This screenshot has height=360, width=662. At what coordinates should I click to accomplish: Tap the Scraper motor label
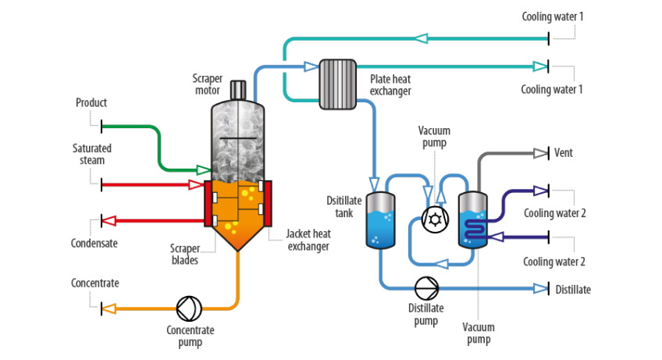[208, 84]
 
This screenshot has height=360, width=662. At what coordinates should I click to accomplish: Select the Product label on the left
[91, 102]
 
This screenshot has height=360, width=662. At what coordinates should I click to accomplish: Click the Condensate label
[94, 243]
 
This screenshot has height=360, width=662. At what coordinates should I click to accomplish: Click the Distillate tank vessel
[380, 221]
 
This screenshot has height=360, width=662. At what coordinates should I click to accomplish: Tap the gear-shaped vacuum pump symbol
[434, 220]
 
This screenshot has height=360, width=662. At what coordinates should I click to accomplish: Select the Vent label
[563, 153]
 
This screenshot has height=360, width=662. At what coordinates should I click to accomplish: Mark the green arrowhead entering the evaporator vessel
[202, 169]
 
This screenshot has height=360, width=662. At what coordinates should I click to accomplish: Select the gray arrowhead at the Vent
[539, 154]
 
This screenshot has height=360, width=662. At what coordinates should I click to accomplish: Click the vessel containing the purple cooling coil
[473, 221]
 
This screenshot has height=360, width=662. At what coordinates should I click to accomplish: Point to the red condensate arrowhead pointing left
[110, 220]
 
